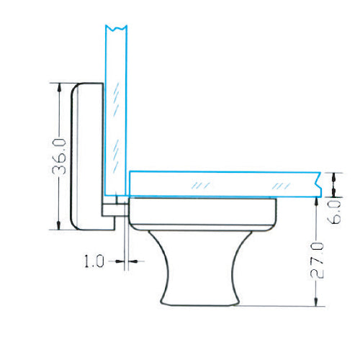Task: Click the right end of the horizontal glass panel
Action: [319, 184]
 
